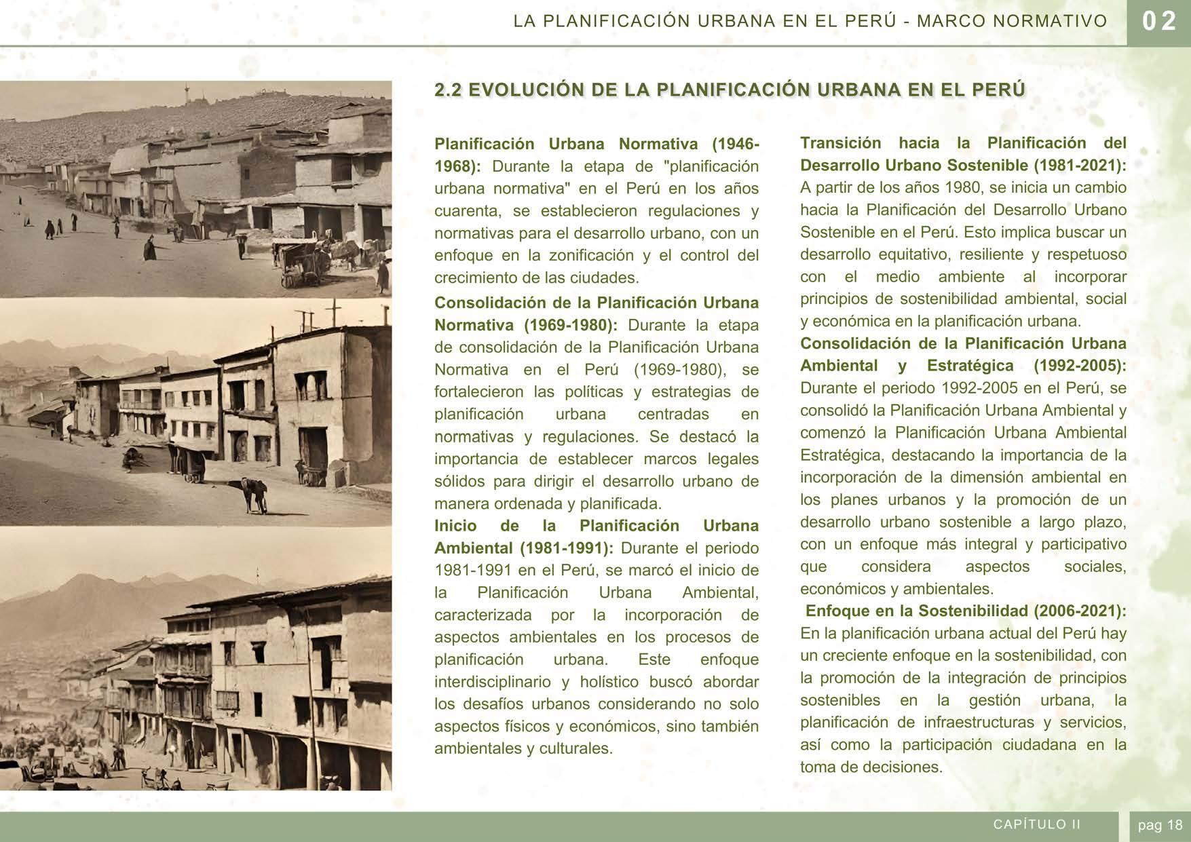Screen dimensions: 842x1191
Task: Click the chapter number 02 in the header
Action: pyautogui.click(x=1158, y=22)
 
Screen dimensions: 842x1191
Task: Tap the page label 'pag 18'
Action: pyautogui.click(x=1160, y=825)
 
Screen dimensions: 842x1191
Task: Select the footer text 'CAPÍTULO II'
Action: pyautogui.click(x=1037, y=824)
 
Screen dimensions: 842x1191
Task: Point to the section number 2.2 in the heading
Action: pyautogui.click(x=449, y=90)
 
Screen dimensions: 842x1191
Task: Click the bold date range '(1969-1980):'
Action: pyautogui.click(x=571, y=325)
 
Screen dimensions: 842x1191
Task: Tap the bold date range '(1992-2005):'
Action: pyautogui.click(x=1080, y=366)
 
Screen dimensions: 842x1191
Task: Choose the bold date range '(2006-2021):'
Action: pyautogui.click(x=1080, y=611)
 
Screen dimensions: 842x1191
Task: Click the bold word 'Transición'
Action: pyautogui.click(x=840, y=143)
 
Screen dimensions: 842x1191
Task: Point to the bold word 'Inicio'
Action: pyautogui.click(x=455, y=526)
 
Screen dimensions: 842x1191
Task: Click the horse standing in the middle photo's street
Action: pyautogui.click(x=254, y=494)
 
